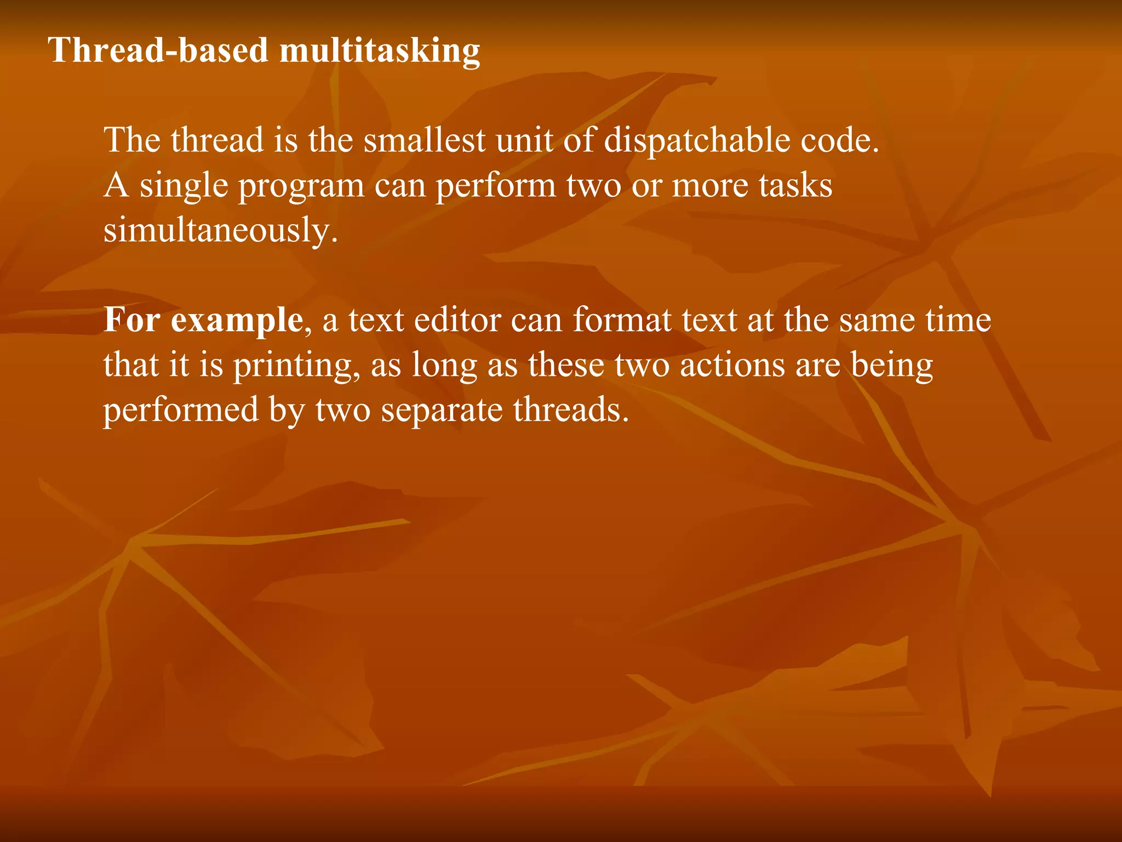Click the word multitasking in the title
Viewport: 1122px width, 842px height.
coord(380,51)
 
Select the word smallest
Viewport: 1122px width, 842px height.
coord(425,140)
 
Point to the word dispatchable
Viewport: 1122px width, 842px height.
coord(696,141)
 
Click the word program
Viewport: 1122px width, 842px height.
coord(301,186)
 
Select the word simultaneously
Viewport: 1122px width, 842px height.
coord(221,230)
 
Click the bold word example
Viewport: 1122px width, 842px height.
coord(237,321)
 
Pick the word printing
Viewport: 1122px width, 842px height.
coord(294,366)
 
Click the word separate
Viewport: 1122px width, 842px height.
coord(442,410)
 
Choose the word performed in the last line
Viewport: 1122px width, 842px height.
coord(181,410)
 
